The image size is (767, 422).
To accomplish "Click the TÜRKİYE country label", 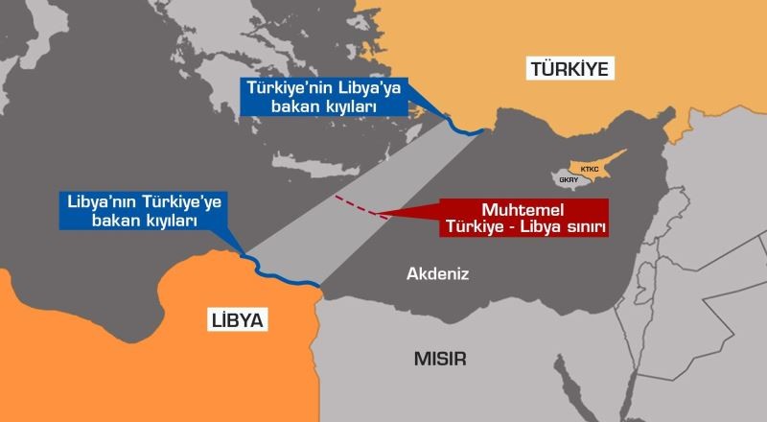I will (x=569, y=68).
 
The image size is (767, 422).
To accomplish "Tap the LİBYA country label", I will (x=235, y=319).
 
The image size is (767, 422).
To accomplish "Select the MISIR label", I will (x=440, y=360).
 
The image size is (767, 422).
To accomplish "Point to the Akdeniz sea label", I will (x=437, y=274).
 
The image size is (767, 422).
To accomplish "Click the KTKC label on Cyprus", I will (x=590, y=167).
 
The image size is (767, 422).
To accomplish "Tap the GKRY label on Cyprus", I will (x=568, y=178).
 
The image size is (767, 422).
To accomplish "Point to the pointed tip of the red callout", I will (x=376, y=213).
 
